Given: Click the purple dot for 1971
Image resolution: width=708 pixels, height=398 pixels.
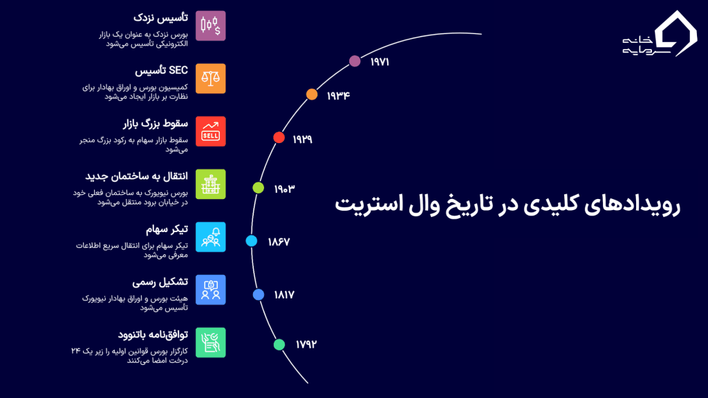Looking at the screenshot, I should click(355, 61).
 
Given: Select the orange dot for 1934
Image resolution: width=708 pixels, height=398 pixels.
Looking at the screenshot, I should click(312, 95).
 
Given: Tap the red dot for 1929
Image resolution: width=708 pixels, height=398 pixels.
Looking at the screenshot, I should click(279, 138).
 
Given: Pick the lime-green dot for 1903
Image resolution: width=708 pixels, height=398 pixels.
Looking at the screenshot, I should click(258, 187).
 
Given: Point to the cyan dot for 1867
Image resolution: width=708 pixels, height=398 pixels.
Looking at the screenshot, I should click(252, 241).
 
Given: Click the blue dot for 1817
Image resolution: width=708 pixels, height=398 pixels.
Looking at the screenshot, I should click(259, 294).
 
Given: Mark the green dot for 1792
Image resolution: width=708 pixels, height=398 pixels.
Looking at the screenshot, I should click(279, 344).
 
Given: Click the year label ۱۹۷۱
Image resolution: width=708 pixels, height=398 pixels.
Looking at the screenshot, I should click(380, 61).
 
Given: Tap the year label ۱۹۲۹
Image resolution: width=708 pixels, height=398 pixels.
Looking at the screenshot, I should click(302, 139).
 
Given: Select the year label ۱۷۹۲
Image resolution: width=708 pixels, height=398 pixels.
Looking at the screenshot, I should click(306, 344).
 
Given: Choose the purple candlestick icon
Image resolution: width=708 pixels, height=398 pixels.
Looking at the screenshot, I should click(210, 26).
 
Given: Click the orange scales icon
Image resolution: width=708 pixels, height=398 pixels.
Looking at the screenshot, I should click(210, 79).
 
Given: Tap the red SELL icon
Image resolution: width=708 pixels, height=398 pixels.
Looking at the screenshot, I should click(210, 131).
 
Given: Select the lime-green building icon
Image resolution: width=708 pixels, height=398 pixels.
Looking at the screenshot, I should click(210, 184).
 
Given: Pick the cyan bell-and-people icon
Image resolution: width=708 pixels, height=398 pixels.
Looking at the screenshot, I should click(210, 237).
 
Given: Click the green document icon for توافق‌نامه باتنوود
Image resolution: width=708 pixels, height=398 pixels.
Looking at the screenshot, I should click(210, 342).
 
